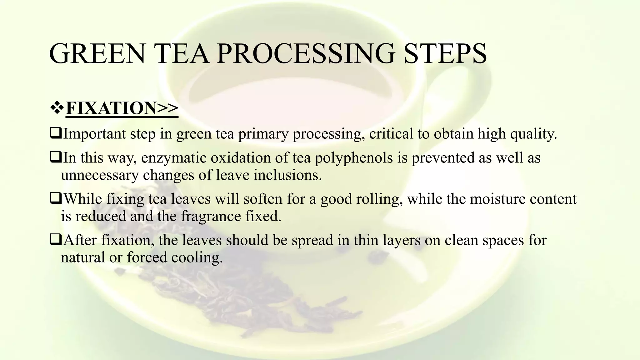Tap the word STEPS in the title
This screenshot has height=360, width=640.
point(445,53)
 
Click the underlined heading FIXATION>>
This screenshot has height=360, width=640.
point(122,108)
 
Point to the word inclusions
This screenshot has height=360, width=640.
point(287,175)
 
